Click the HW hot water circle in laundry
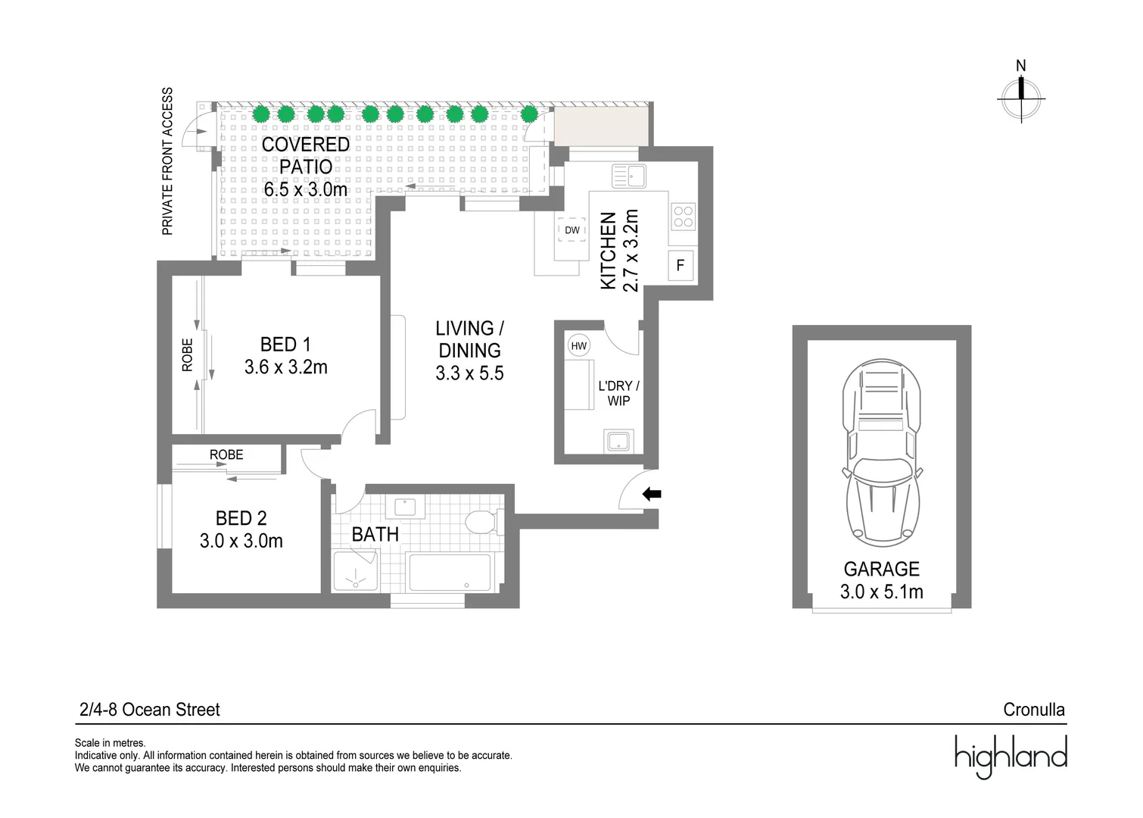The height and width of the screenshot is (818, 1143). [x=578, y=345]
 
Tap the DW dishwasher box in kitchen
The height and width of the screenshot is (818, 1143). [x=572, y=230]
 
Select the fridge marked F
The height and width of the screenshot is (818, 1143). [x=681, y=265]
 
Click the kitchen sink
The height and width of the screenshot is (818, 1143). [x=629, y=176]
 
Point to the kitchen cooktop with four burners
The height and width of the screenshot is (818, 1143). [x=683, y=217]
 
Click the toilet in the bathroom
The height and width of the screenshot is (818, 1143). [x=484, y=522]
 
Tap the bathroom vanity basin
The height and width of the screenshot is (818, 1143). [x=405, y=507]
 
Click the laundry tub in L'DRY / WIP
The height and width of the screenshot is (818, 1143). [x=618, y=441]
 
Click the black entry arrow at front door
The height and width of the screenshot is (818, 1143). [x=652, y=494]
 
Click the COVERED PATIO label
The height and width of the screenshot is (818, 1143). [x=306, y=155]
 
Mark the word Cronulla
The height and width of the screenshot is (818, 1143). [x=1034, y=710]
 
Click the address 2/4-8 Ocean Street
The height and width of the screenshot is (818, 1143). [x=150, y=710]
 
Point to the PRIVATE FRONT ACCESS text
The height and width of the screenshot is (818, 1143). [x=167, y=161]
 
